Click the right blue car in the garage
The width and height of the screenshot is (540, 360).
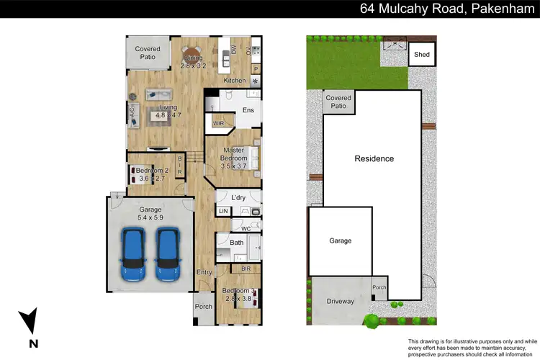click(168, 255)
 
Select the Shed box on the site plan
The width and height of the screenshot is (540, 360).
click(420, 55)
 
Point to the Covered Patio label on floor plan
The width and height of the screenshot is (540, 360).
click(148, 54)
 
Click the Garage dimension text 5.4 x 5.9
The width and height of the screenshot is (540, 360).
click(150, 217)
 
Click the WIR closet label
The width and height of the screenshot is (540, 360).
click(219, 124)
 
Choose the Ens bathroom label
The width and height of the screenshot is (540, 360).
click(248, 110)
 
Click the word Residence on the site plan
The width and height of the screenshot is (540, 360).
click(374, 158)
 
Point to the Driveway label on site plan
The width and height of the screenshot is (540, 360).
click(340, 302)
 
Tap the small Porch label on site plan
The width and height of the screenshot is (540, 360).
click(379, 287)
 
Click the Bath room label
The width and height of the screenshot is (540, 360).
click(237, 243)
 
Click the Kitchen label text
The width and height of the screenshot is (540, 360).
click(235, 81)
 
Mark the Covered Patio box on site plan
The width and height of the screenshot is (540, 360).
click(338, 102)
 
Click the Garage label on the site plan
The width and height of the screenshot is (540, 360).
click(340, 240)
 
